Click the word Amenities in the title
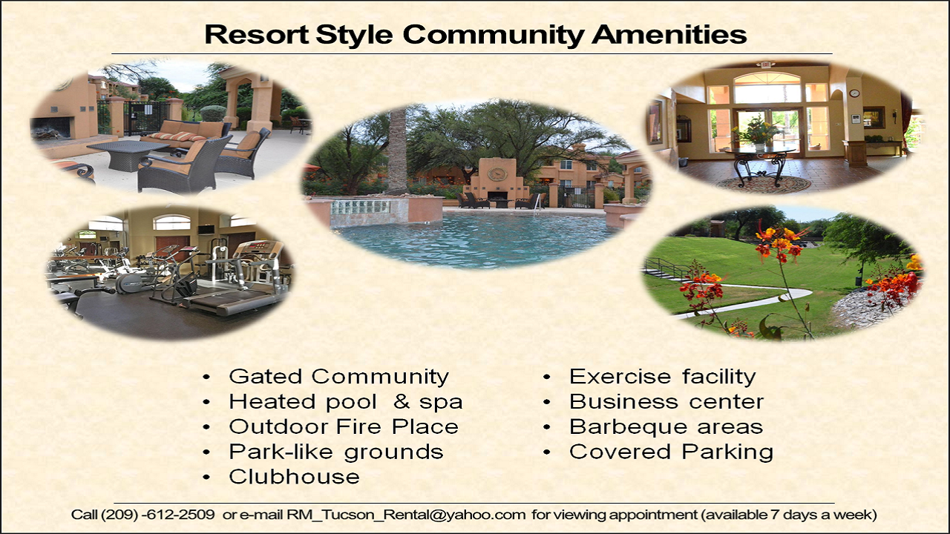click(x=669, y=34)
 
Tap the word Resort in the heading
click(x=257, y=34)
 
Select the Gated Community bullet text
click(x=339, y=376)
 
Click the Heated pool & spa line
click(x=346, y=402)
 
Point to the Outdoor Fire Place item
click(x=344, y=426)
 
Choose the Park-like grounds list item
click(x=336, y=452)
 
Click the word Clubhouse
click(x=295, y=476)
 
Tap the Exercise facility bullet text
click(x=663, y=376)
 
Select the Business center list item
click(x=666, y=401)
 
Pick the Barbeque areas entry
click(x=666, y=426)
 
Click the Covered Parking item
click(x=672, y=452)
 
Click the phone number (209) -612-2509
click(x=158, y=515)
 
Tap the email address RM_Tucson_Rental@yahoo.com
click(x=406, y=515)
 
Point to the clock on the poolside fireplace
click(x=497, y=174)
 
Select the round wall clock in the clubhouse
click(x=854, y=93)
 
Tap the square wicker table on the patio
click(x=128, y=154)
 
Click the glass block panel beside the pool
click(x=360, y=207)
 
